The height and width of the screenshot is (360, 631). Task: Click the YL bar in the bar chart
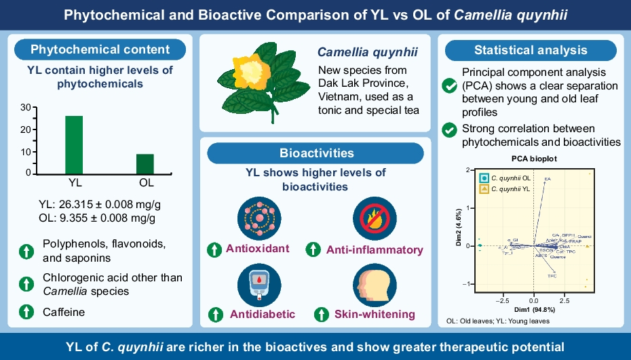(74, 145)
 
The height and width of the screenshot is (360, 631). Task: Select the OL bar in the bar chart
(145, 163)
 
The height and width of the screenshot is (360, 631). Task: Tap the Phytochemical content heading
(100, 49)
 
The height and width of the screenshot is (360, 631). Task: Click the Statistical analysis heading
(531, 49)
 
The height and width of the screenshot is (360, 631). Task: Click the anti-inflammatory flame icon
(370, 218)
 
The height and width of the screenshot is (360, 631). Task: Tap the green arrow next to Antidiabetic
(216, 314)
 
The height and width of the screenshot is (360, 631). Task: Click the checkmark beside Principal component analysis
(448, 86)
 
